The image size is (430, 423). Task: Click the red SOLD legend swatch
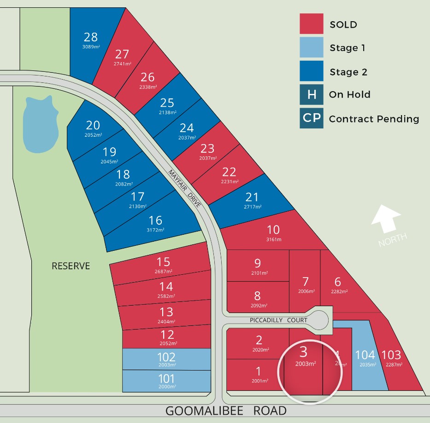pyautogui.click(x=311, y=23)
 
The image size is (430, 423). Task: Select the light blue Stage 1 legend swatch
pyautogui.click(x=311, y=47)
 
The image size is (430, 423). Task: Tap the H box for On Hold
pyautogui.click(x=311, y=94)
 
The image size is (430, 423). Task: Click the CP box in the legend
pyautogui.click(x=311, y=119)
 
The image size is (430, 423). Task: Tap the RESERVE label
pyautogui.click(x=71, y=266)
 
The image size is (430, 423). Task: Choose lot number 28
pyautogui.click(x=90, y=37)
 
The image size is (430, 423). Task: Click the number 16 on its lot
pyautogui.click(x=155, y=220)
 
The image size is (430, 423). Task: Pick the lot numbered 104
pyautogui.click(x=365, y=355)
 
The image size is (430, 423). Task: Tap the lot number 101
pyautogui.click(x=166, y=379)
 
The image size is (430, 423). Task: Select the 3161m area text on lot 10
pyautogui.click(x=274, y=239)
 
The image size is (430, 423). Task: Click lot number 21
pyautogui.click(x=252, y=197)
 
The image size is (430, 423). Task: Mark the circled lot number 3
pyautogui.click(x=303, y=352)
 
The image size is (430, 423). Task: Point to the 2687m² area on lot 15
pyautogui.click(x=164, y=272)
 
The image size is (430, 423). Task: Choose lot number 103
pyautogui.click(x=391, y=355)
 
